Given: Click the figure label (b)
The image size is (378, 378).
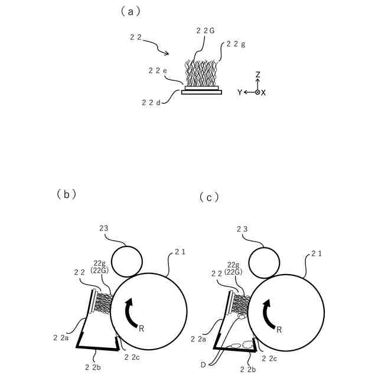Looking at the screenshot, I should tap(66, 194).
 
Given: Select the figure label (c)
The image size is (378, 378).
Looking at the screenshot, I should tap(209, 197).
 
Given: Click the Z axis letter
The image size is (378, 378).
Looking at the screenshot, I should tap(258, 74).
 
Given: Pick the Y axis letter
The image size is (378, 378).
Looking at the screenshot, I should tap(240, 93).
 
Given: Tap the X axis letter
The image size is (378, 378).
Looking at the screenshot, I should tap(263, 93).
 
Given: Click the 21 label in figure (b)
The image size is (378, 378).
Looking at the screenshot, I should tap(180, 252).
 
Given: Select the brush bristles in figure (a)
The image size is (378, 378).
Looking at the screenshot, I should tap(201, 74).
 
